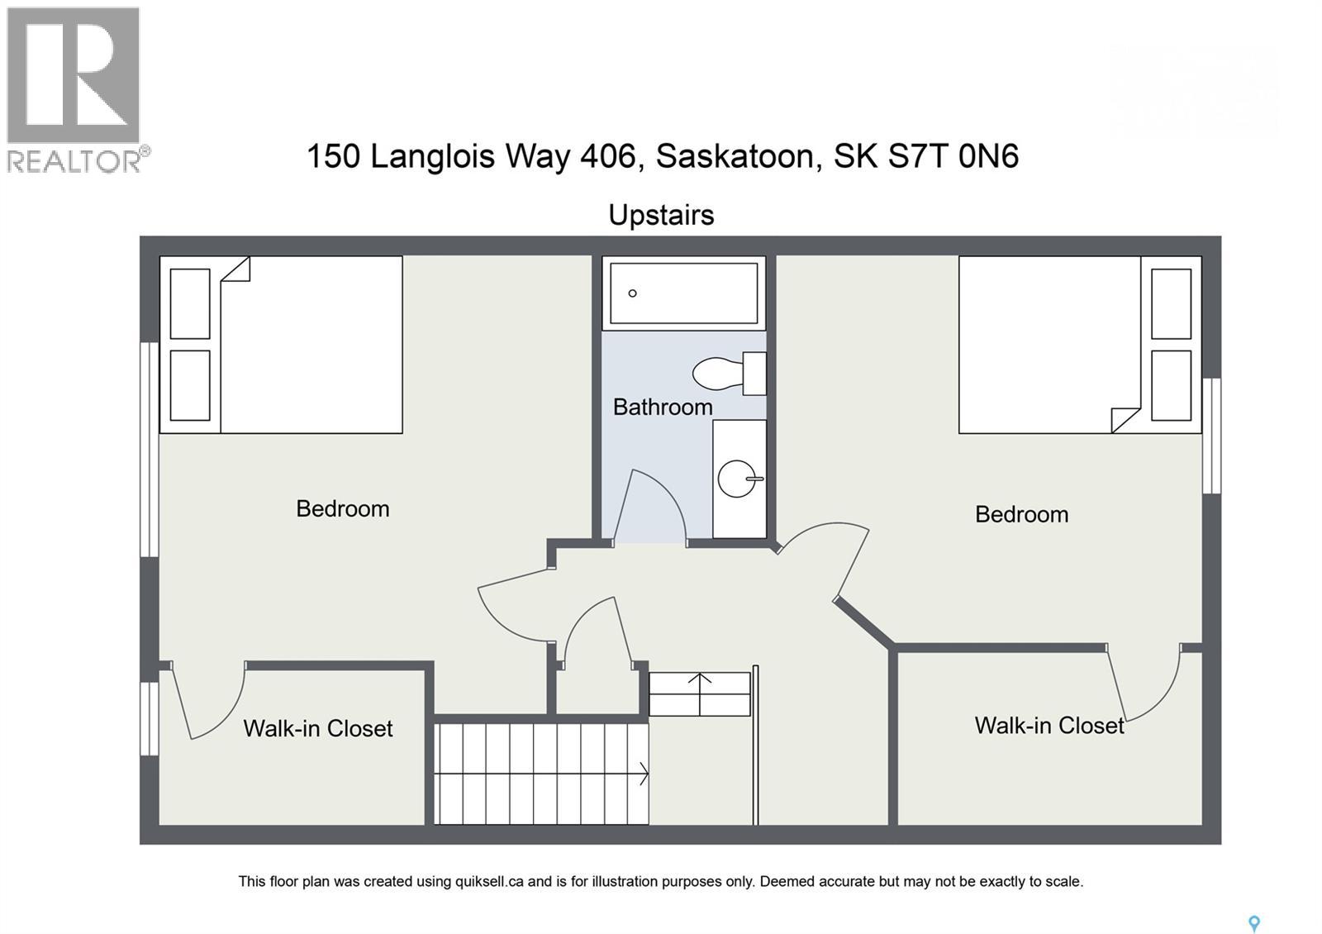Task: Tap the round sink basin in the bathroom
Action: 736,479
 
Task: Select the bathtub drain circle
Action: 633,293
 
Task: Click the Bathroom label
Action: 663,407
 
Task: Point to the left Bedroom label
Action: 343,508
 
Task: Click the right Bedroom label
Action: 1021,514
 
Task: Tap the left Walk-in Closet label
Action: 318,728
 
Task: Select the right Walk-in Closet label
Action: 1049,726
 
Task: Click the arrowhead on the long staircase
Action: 643,774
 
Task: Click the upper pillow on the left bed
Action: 190,303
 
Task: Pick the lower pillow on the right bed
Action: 1171,385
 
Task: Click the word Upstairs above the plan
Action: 661,215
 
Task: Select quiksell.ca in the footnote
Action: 489,881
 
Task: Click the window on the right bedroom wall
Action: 1210,436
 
